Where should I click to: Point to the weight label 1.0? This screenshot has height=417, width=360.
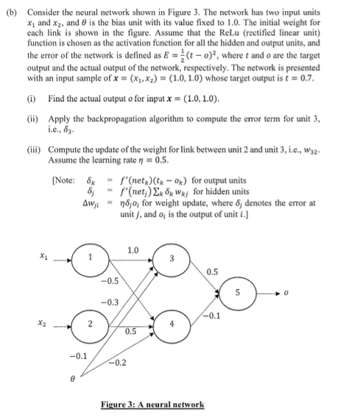[133, 249]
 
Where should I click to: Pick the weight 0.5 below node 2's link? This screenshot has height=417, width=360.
[130, 332]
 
